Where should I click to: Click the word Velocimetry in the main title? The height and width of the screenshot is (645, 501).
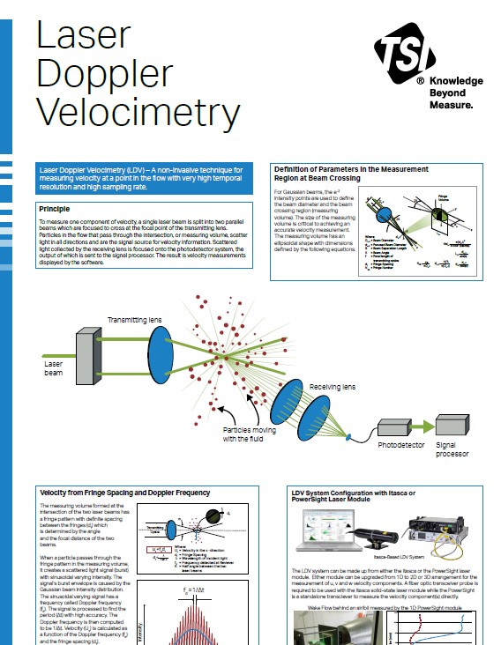[138, 115]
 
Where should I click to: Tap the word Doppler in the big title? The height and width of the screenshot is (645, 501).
[114, 74]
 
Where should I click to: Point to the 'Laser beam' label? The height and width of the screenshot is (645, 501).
[54, 367]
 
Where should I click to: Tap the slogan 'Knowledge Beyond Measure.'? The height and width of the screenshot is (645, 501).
[456, 92]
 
